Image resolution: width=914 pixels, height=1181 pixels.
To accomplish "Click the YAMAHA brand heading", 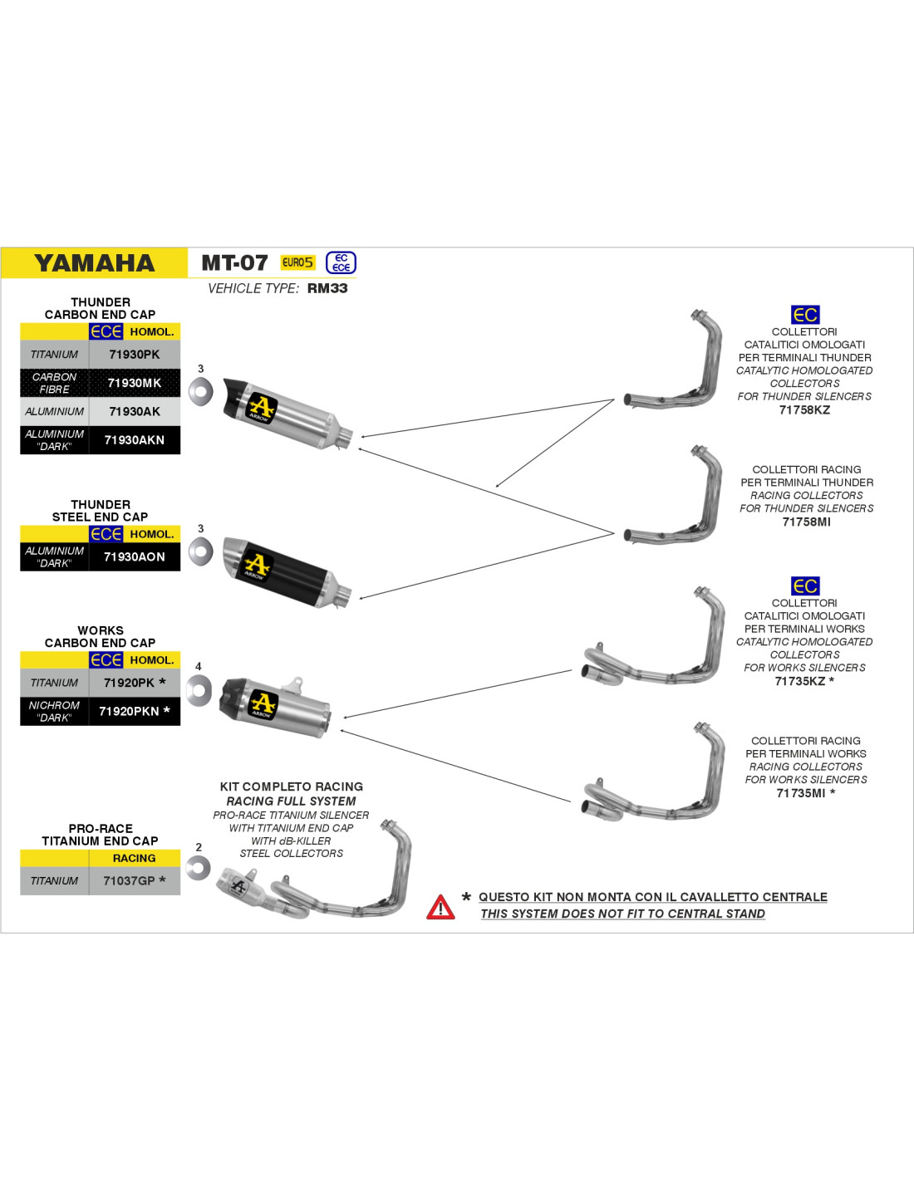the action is (x=95, y=263).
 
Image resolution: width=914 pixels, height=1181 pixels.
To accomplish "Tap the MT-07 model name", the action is (x=235, y=263).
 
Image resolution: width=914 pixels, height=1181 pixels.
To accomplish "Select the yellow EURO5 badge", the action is (x=298, y=262).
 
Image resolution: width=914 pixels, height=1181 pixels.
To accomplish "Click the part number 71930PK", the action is (x=135, y=355).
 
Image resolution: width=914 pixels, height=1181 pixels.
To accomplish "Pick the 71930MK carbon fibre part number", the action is (x=135, y=383).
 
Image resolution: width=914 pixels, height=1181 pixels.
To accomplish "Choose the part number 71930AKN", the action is (x=135, y=440).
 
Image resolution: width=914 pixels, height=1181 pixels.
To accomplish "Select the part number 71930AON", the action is (x=135, y=557).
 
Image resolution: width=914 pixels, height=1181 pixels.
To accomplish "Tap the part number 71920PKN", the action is (x=129, y=712).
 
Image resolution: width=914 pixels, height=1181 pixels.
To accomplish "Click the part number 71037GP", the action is (x=130, y=881).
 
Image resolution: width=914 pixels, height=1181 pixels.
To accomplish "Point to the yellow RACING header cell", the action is (x=135, y=858).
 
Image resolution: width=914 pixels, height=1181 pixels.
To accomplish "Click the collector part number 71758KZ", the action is (x=804, y=409).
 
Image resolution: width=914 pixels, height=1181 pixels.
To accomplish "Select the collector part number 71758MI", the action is (x=806, y=522).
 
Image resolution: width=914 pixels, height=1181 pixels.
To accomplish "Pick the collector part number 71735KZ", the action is (x=800, y=681).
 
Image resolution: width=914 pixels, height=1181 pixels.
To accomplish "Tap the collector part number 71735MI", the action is (x=801, y=793).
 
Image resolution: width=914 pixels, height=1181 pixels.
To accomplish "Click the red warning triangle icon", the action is (x=440, y=907).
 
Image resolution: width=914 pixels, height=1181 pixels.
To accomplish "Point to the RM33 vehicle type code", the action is (x=327, y=288).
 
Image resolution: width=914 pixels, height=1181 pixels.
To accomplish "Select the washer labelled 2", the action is (x=198, y=869).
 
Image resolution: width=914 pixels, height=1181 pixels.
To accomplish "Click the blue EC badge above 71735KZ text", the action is (x=805, y=586).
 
